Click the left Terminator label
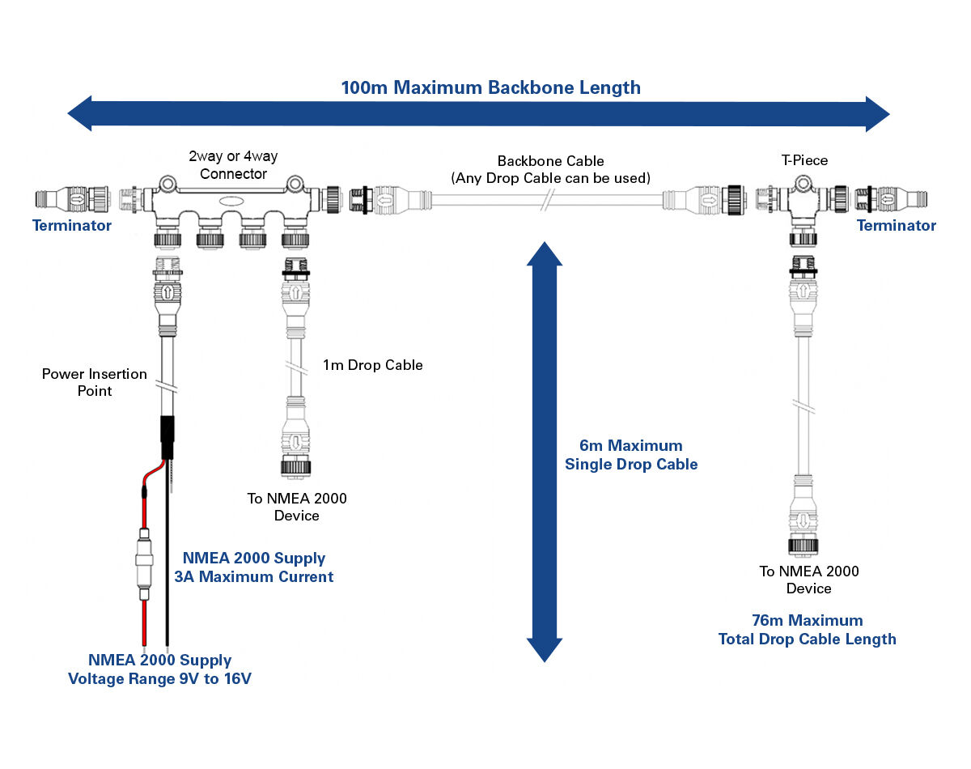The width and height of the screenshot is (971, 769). pyautogui.click(x=71, y=226)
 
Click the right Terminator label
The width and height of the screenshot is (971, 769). pyautogui.click(x=896, y=226)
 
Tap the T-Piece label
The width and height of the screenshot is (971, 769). pyautogui.click(x=804, y=160)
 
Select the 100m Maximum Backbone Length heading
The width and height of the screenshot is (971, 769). pyautogui.click(x=490, y=87)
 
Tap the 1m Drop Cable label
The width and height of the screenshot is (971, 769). pyautogui.click(x=372, y=365)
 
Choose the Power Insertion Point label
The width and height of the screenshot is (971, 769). pyautogui.click(x=95, y=382)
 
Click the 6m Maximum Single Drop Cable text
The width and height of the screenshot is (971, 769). pyautogui.click(x=631, y=455)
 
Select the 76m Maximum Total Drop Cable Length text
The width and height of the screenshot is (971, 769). pyautogui.click(x=807, y=630)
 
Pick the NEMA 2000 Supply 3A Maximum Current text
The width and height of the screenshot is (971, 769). pyautogui.click(x=253, y=567)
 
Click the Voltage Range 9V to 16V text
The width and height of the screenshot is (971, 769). pyautogui.click(x=159, y=678)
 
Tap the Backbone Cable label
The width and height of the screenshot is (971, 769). pyautogui.click(x=550, y=168)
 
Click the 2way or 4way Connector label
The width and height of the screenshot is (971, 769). pyautogui.click(x=233, y=164)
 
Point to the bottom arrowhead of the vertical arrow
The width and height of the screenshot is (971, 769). pyautogui.click(x=545, y=648)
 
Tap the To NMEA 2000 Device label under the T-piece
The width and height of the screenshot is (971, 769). pyautogui.click(x=808, y=580)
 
